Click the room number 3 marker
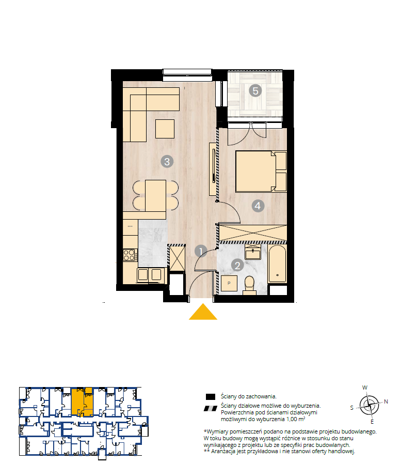(167, 162)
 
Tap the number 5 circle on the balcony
(255, 90)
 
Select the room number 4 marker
(258, 206)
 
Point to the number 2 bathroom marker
(237, 265)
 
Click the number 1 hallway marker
(201, 252)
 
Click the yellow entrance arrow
(203, 312)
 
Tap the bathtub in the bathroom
(277, 264)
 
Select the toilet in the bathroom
(249, 286)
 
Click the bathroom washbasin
(253, 253)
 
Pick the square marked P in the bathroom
(229, 284)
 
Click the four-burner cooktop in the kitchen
(130, 255)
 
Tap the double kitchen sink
(151, 275)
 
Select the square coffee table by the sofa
(165, 129)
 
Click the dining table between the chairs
(155, 195)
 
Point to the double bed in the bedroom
(261, 172)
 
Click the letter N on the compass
(386, 401)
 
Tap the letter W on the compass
(365, 388)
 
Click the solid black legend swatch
(211, 397)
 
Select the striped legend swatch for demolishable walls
(211, 409)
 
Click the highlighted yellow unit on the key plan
(82, 402)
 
